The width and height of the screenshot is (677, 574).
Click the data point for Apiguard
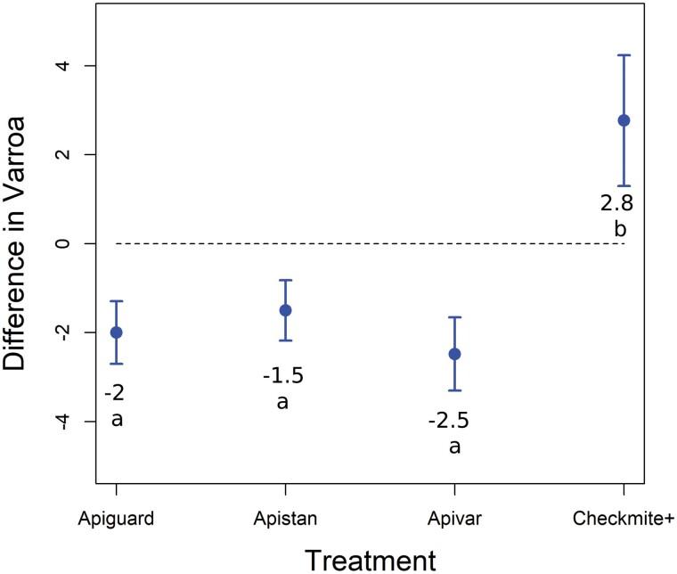[116, 332]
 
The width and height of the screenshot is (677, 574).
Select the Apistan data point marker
[285, 310]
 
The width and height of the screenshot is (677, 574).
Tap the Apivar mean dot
[454, 354]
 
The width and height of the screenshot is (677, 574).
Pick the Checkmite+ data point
[624, 120]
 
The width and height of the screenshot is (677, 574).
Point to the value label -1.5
[282, 375]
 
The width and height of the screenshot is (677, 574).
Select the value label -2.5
[452, 420]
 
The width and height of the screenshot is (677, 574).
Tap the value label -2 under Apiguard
[113, 393]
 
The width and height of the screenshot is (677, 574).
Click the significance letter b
[620, 230]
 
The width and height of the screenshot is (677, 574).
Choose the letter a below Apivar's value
[454, 446]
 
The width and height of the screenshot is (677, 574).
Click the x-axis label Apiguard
[116, 518]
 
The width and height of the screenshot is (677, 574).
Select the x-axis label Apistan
[285, 518]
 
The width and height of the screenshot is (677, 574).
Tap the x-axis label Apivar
[454, 518]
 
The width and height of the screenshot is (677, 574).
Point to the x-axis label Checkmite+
[624, 518]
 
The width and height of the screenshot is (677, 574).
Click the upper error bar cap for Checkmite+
[624, 55]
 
